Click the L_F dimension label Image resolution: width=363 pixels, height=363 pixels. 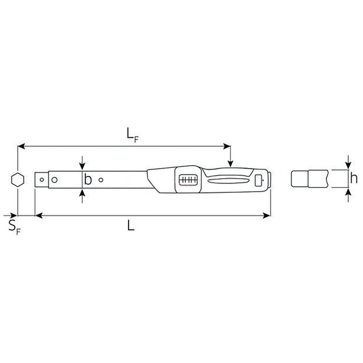tap(132, 135)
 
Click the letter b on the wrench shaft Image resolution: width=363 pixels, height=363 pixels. tap(88, 179)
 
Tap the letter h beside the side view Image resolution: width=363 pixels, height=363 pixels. tap(354, 178)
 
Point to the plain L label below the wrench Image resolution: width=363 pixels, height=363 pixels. tap(131, 225)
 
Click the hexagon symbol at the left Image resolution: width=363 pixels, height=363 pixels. tap(17, 179)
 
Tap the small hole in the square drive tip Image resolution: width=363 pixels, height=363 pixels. tap(42, 180)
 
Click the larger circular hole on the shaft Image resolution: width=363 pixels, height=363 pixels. tap(54, 180)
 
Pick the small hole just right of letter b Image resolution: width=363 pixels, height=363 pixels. tap(101, 180)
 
